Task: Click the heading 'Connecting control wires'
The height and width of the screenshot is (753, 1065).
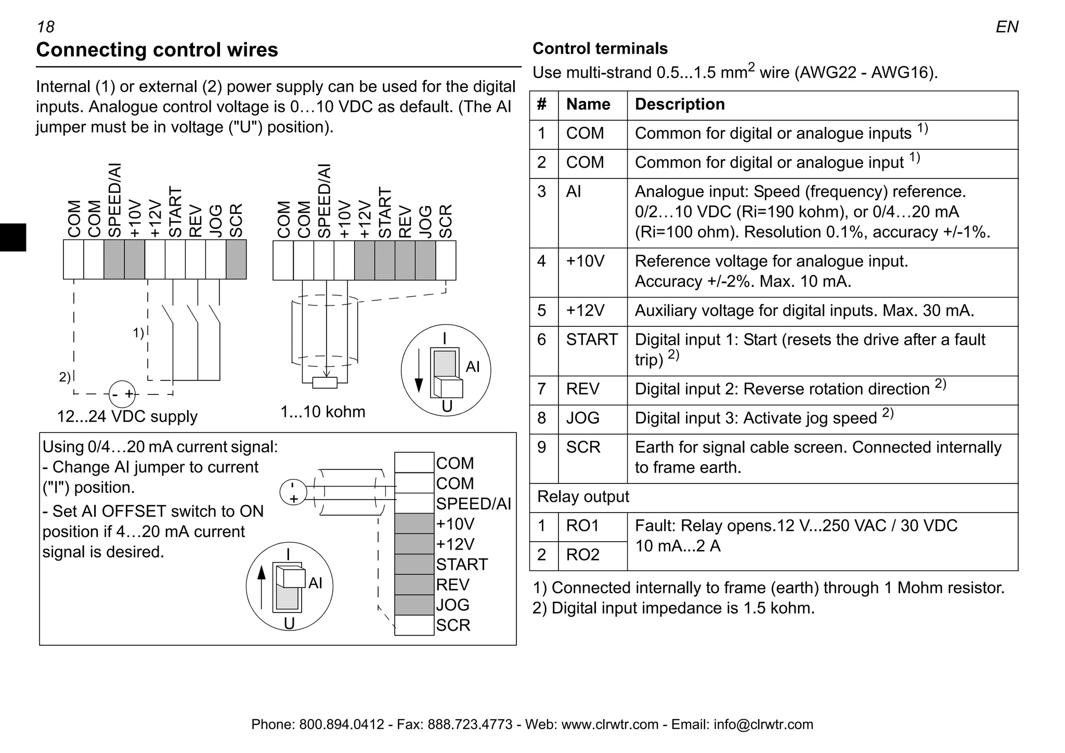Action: click(x=157, y=50)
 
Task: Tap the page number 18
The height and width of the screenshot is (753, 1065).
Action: click(x=46, y=27)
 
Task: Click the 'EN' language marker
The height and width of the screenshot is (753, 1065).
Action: click(x=1007, y=27)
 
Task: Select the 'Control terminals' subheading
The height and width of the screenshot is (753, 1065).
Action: click(x=600, y=48)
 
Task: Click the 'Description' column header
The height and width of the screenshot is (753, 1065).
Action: click(x=680, y=105)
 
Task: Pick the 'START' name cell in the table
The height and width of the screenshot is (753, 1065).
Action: click(x=592, y=340)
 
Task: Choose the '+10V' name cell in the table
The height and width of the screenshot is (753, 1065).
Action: click(x=585, y=261)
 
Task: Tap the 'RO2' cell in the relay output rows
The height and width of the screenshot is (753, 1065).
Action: click(x=582, y=555)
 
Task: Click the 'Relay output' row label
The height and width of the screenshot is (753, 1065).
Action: click(x=583, y=497)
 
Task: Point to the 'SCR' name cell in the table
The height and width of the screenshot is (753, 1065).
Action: click(x=583, y=448)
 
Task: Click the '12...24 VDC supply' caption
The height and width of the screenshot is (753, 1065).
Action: click(x=127, y=417)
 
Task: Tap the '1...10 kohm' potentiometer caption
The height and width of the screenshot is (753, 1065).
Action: click(x=323, y=412)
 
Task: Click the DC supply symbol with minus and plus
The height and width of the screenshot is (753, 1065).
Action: click(x=122, y=394)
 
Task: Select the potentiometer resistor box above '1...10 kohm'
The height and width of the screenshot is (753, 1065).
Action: click(x=325, y=383)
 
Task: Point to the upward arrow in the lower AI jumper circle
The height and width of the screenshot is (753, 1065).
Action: click(x=262, y=586)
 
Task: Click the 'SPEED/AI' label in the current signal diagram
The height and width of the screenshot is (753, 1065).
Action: click(x=473, y=504)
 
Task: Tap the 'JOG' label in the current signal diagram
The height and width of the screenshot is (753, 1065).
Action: click(x=452, y=605)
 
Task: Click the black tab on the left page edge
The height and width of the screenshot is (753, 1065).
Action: click(x=12, y=237)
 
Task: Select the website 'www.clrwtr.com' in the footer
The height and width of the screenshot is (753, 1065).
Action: click(x=609, y=724)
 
